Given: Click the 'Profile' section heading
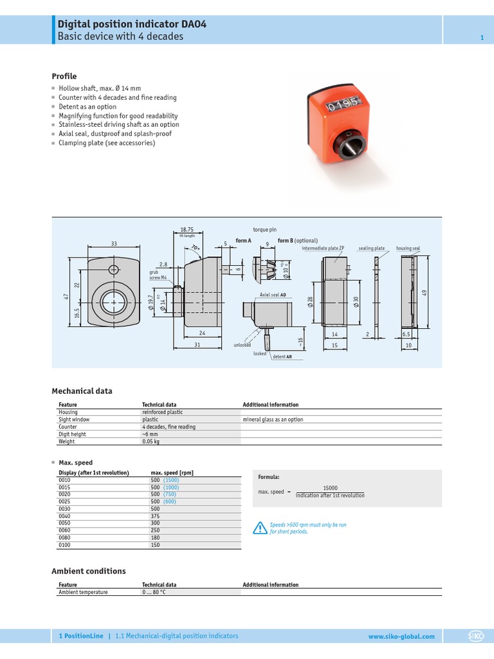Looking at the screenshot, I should pyautogui.click(x=64, y=77).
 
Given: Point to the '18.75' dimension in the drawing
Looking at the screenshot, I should pyautogui.click(x=187, y=229).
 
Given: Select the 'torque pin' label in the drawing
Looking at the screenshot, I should pyautogui.click(x=264, y=229).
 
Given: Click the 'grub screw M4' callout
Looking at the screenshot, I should pyautogui.click(x=158, y=275).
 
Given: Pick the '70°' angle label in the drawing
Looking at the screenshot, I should pyautogui.click(x=195, y=248).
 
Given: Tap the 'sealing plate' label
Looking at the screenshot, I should pyautogui.click(x=372, y=248).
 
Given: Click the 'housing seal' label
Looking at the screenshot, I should pyautogui.click(x=408, y=248).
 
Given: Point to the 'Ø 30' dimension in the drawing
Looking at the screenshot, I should pyautogui.click(x=356, y=302).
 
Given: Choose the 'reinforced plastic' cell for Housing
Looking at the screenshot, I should pyautogui.click(x=162, y=412).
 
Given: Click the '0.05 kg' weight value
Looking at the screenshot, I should pyautogui.click(x=151, y=441).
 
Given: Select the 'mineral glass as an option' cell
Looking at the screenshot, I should pyautogui.click(x=273, y=420).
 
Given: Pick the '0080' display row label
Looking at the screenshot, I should pyautogui.click(x=64, y=538).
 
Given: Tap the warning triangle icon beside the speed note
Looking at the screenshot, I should pyautogui.click(x=259, y=528).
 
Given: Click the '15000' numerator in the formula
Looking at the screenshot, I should pyautogui.click(x=330, y=488).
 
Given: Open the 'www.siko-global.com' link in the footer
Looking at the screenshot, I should pyautogui.click(x=401, y=636).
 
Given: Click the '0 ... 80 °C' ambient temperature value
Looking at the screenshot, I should pyautogui.click(x=154, y=592).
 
